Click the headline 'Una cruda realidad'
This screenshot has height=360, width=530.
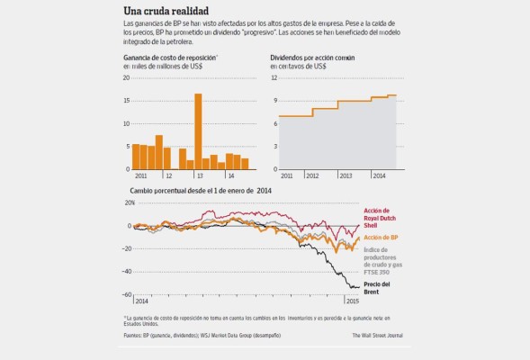pos(159,10)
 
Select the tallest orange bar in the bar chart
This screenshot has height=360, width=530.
pos(197,131)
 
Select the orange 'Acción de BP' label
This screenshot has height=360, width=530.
pos(381,238)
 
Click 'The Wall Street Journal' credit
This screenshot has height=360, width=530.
pos(378,337)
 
